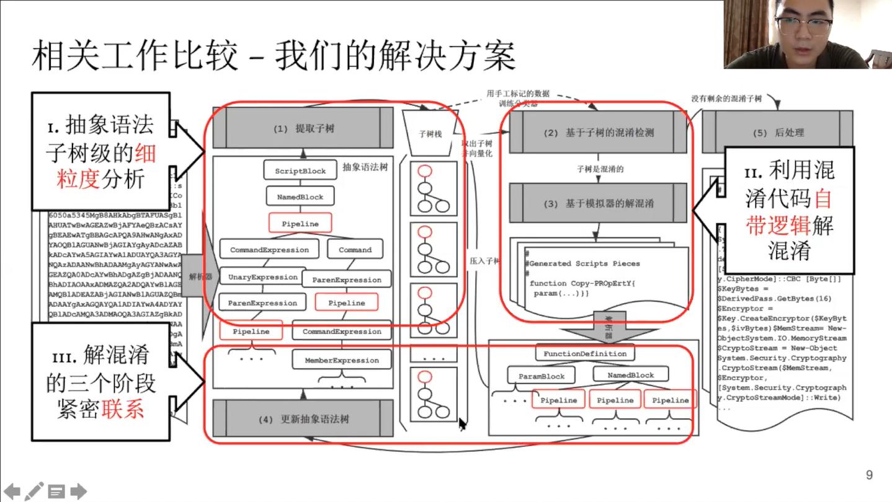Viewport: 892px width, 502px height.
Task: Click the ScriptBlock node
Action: pos(300,170)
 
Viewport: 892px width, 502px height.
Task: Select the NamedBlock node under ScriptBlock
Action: pos(300,196)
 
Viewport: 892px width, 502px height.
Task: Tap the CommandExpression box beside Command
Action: pos(269,250)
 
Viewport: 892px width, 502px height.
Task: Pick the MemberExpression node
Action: pos(342,360)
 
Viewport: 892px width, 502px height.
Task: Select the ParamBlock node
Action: pos(542,376)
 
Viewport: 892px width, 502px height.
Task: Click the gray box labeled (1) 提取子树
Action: pos(303,129)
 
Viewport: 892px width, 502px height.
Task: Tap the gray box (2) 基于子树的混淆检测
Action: pos(598,133)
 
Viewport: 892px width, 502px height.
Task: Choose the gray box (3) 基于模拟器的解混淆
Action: pos(598,203)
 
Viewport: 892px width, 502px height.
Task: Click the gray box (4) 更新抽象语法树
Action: pos(303,419)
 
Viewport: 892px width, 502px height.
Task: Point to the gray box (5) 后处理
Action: pos(778,133)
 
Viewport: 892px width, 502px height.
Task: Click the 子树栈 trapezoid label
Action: pos(430,133)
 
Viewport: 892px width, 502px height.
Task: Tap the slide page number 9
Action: pos(869,475)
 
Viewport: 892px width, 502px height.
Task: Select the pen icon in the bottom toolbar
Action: pos(34,491)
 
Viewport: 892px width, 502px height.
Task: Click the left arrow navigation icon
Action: pos(12,491)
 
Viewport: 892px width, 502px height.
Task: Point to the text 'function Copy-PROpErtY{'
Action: pos(582,283)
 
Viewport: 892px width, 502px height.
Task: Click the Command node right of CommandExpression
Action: pos(355,250)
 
